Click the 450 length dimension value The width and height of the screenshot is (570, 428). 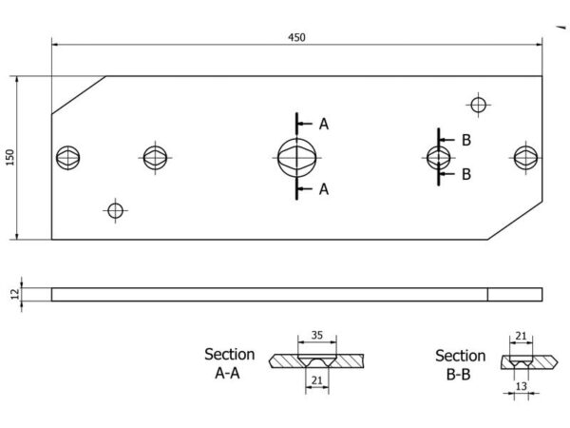(296, 37)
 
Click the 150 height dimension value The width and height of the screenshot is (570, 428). (10, 157)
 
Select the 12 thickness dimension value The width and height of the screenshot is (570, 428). (15, 294)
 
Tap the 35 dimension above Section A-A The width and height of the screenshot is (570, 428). (317, 335)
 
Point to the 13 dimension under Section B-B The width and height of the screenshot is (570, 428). (522, 386)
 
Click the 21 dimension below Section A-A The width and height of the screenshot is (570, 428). (317, 380)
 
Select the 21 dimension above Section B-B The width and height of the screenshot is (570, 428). (521, 336)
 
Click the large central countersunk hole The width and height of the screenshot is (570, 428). (297, 158)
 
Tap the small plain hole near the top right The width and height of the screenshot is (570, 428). (479, 105)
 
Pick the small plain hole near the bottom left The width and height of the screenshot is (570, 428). (116, 211)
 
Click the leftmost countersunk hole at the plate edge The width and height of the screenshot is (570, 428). (68, 158)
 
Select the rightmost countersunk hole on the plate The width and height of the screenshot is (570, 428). (525, 158)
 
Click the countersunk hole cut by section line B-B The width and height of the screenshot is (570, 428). (438, 158)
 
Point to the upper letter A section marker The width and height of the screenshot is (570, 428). (324, 124)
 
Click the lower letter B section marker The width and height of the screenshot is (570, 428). (466, 174)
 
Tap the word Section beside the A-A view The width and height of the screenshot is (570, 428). (229, 355)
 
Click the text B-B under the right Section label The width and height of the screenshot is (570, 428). (459, 375)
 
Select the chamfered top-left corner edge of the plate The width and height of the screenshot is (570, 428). (79, 95)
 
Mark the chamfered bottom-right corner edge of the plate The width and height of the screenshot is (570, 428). (515, 221)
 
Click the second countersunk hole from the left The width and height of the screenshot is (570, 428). (155, 158)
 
